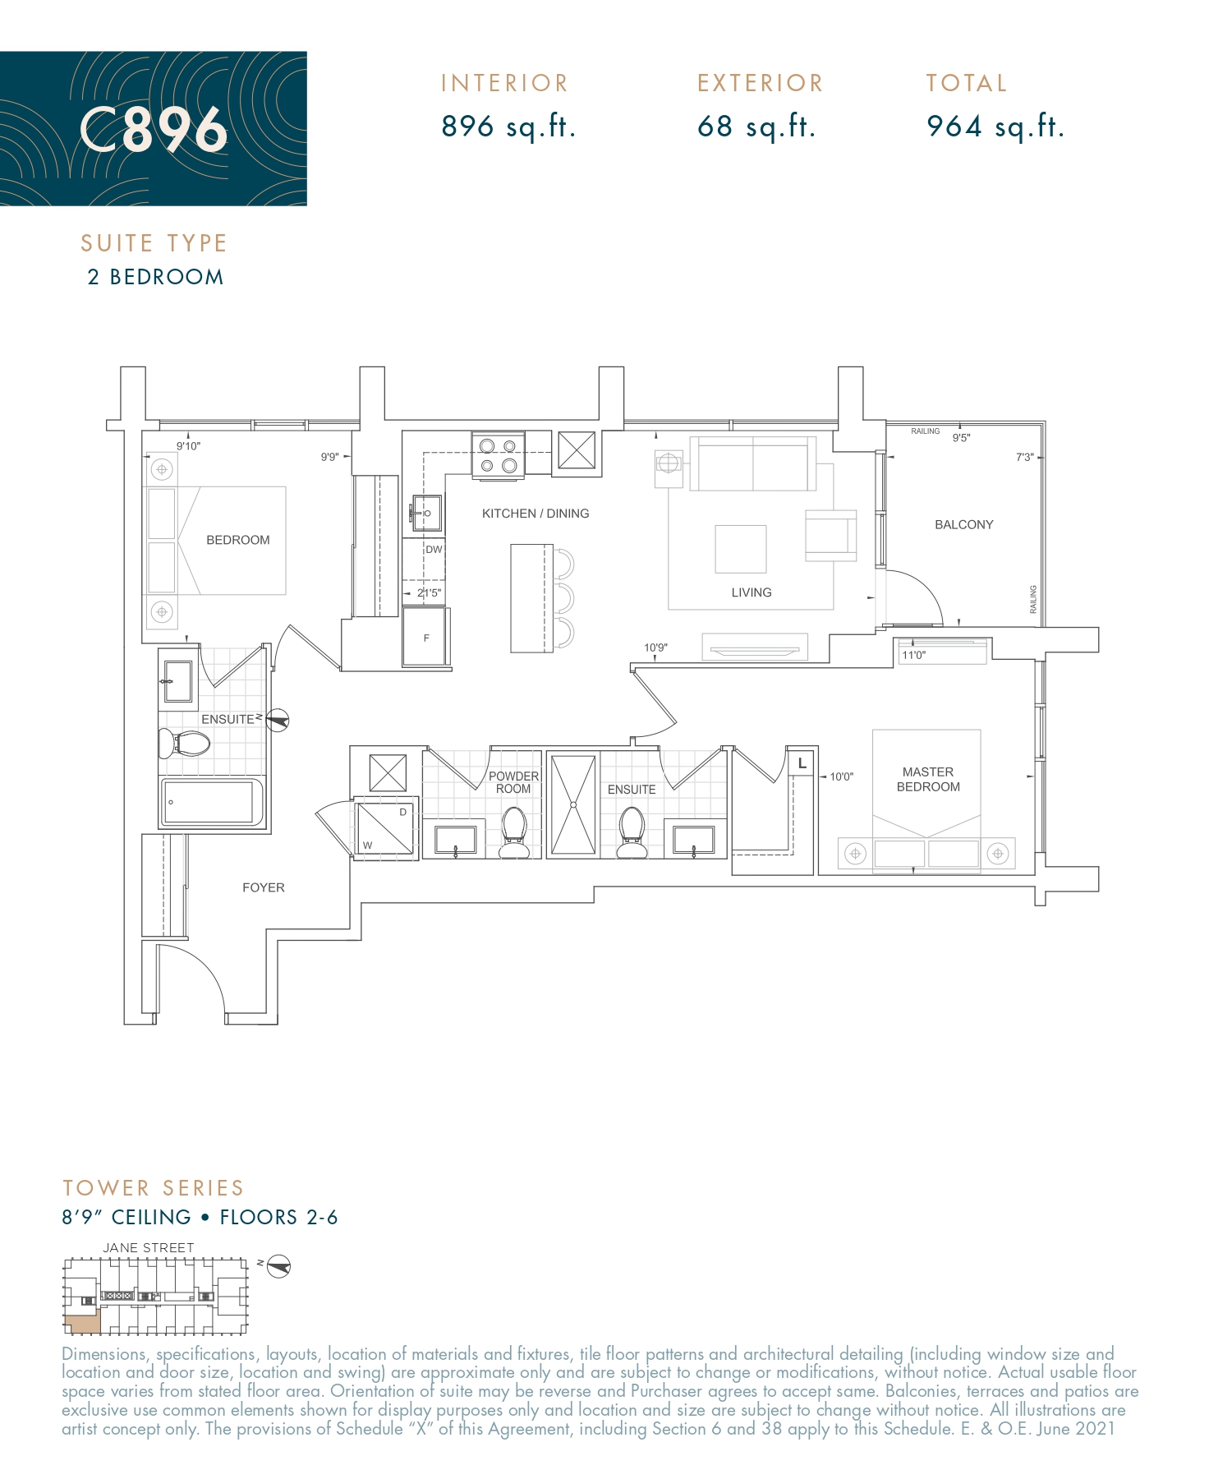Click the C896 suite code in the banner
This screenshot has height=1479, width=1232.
pos(154,130)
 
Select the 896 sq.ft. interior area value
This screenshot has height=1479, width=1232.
pos(508,127)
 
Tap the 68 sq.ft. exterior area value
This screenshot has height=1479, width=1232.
pos(756,127)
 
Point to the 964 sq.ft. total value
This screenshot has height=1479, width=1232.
pos(995,127)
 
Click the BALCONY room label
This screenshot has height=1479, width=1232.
pos(963,525)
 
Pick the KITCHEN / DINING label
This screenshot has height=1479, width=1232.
pos(535,514)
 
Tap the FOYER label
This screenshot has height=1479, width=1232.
pos(263,887)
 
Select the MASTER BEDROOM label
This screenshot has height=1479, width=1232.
pos(927,779)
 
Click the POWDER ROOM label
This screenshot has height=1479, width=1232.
pos(513,782)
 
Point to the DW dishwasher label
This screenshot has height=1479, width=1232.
pos(434,550)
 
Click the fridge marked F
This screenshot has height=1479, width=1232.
pos(425,637)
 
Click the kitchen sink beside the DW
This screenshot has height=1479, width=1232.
pos(426,514)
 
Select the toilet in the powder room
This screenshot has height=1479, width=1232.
pos(514,830)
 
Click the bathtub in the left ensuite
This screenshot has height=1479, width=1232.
pos(210,802)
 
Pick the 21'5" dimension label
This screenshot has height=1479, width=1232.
pos(428,592)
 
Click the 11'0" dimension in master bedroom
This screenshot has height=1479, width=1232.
pos(913,655)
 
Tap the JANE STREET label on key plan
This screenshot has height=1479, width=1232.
pos(149,1247)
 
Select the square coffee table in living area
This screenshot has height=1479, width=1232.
pos(740,549)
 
